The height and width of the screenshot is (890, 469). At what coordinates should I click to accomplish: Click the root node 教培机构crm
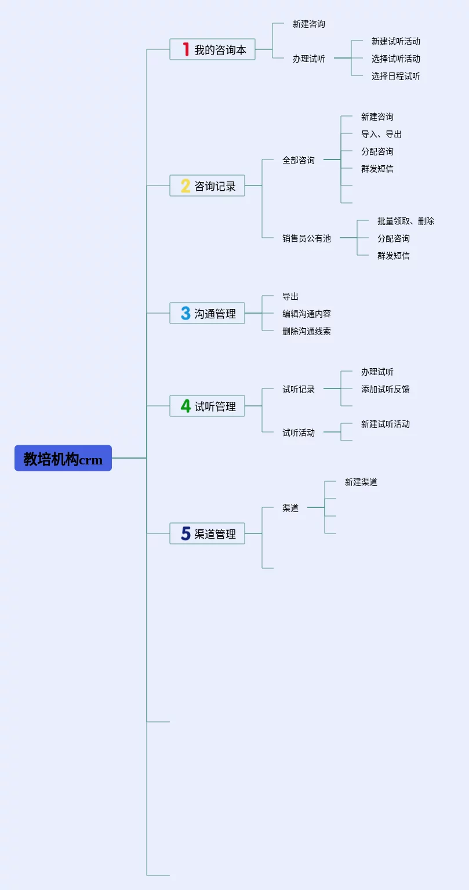tap(63, 458)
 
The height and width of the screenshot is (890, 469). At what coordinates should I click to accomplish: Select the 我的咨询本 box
tap(212, 49)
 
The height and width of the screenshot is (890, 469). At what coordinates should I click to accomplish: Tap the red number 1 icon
tap(186, 49)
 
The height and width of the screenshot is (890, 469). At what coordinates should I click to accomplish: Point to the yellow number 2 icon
tap(186, 186)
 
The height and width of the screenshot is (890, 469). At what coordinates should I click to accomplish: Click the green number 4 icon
tap(186, 406)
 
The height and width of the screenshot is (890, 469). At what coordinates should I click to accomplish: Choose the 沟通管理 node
tap(207, 313)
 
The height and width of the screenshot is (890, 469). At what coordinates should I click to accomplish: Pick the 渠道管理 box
tap(207, 533)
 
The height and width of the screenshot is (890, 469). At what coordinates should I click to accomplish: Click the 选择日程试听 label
tap(395, 76)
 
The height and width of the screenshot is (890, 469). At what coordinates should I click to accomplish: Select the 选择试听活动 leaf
tap(395, 59)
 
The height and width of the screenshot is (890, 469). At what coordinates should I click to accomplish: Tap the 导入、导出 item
tap(381, 134)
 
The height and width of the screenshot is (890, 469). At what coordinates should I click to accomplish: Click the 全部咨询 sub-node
tap(299, 160)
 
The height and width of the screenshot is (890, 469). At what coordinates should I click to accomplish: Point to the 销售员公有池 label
tap(306, 238)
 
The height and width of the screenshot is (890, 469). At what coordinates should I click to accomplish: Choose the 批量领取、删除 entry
tap(405, 221)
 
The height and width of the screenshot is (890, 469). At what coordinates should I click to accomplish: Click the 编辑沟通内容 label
tap(306, 314)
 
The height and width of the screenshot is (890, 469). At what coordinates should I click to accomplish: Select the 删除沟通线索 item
tap(306, 331)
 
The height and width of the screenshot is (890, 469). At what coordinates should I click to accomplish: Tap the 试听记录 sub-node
tap(299, 389)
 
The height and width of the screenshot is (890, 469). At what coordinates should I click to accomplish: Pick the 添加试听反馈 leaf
tap(385, 389)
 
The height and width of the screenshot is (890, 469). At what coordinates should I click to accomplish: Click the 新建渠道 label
tap(361, 482)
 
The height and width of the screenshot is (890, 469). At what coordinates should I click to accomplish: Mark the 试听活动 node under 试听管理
tap(299, 433)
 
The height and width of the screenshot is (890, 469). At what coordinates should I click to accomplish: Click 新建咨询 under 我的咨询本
tap(308, 24)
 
